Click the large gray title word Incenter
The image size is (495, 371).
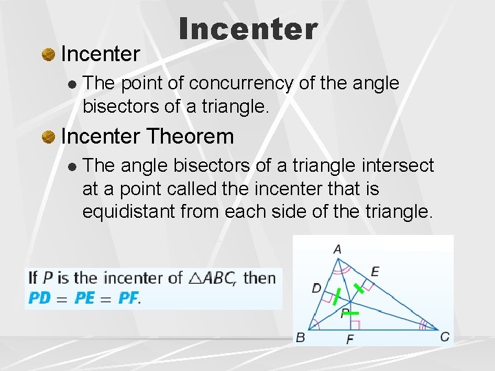point(248,29)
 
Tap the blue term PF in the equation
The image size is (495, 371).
point(128,298)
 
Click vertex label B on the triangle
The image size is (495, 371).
point(300,337)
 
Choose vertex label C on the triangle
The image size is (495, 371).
point(445,337)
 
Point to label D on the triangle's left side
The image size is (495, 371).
point(316,289)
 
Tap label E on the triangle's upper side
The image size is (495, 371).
point(375,272)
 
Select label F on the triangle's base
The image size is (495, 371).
point(350,339)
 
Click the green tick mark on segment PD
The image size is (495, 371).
point(335,296)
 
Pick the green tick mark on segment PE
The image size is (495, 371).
point(360,288)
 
